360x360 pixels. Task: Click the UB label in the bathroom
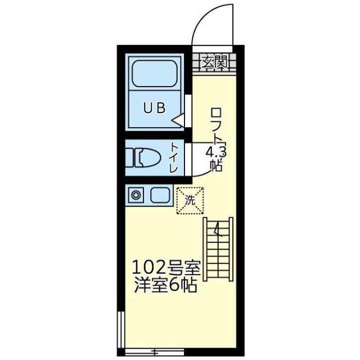click(x=154, y=108)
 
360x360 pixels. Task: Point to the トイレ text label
click(x=174, y=157)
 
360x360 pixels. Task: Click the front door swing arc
click(x=202, y=17)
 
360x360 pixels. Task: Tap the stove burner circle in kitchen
click(x=136, y=195)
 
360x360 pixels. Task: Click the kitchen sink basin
click(x=160, y=195)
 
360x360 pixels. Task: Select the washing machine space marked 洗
click(x=190, y=201)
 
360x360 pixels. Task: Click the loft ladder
click(x=218, y=249)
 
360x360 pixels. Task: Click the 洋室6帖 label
click(x=165, y=285)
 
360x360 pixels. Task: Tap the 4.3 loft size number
click(x=216, y=152)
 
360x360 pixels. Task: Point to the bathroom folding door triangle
click(x=178, y=120)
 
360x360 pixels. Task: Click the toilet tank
click(x=129, y=157)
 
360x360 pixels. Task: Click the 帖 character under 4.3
click(x=216, y=165)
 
